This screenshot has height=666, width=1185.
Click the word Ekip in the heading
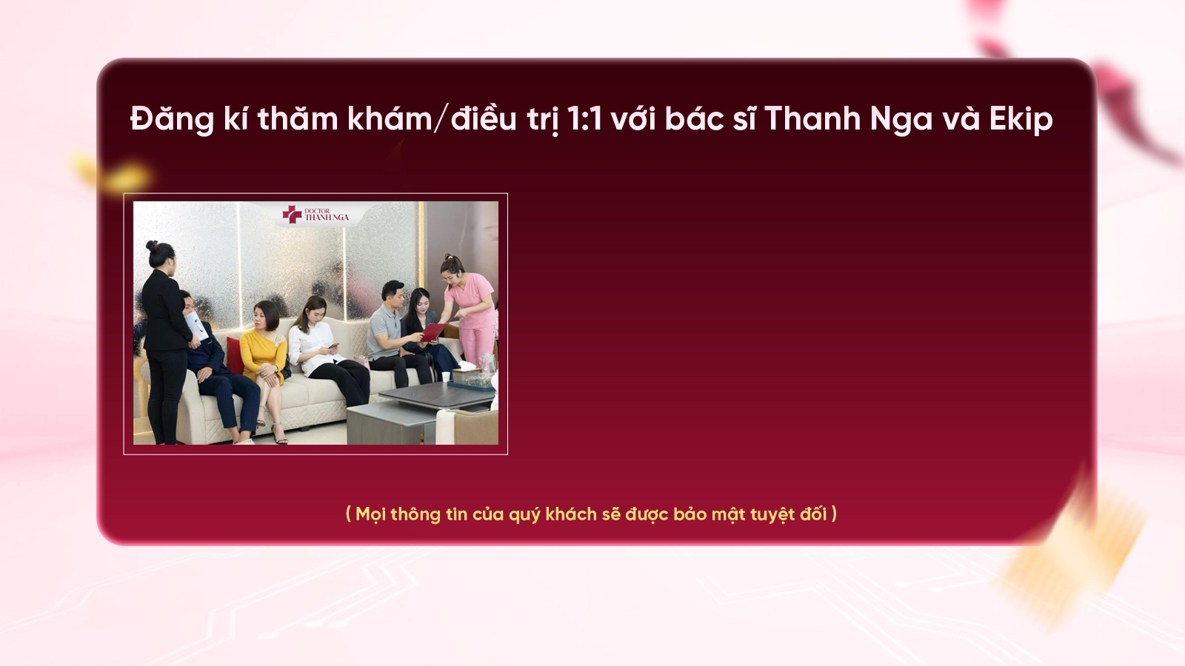coord(1021,119)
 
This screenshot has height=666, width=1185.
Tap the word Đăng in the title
coord(172,119)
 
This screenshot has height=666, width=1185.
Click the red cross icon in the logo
coord(292,214)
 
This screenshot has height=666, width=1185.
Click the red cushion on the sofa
coord(235,355)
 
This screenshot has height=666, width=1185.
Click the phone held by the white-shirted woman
coord(333,346)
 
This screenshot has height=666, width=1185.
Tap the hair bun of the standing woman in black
coord(152,246)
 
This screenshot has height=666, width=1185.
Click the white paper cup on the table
coord(446,377)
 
